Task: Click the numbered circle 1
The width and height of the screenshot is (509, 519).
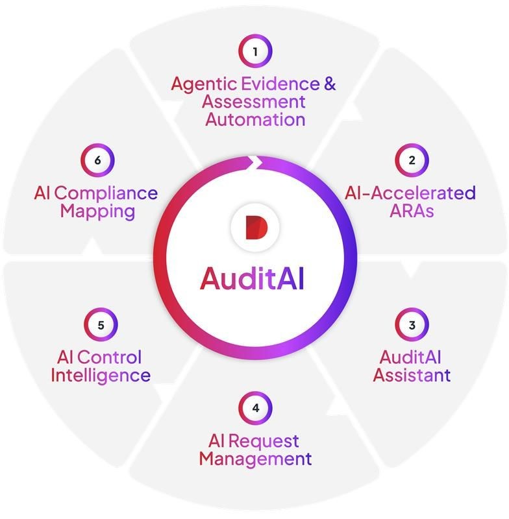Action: [255, 51]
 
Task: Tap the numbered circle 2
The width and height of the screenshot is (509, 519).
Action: [412, 160]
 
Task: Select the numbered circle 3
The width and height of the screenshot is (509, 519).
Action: [412, 324]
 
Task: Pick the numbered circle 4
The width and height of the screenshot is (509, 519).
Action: [255, 408]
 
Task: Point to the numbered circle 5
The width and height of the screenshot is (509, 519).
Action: [101, 324]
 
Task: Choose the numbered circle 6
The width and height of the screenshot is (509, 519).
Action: [98, 160]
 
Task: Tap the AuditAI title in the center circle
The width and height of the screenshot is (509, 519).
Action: [253, 278]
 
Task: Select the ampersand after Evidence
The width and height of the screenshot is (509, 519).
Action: [329, 84]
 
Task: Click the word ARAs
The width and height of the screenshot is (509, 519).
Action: [411, 211]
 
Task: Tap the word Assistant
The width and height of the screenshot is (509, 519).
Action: [412, 375]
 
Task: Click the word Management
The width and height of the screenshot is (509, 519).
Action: [255, 459]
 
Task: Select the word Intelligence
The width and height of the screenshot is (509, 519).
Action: [101, 375]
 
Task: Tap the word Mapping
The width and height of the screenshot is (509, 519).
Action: [97, 211]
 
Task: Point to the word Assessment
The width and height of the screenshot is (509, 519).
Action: [253, 102]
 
